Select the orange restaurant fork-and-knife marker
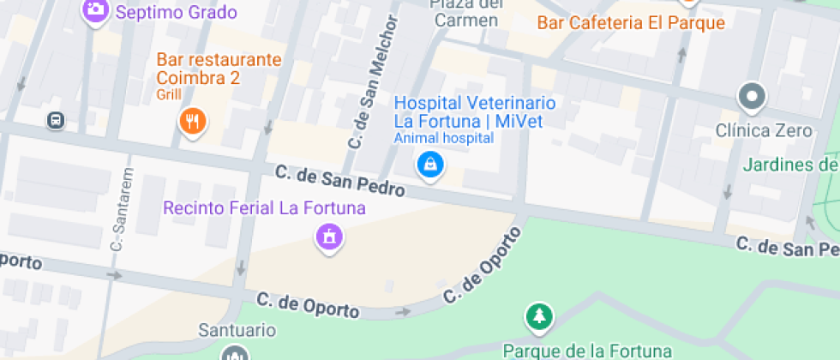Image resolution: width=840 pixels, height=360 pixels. [193, 122]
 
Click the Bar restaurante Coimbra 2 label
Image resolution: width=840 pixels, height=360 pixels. [219, 69]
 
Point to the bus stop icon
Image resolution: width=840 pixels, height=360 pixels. [56, 121]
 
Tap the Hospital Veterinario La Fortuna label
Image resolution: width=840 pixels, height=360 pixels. [474, 111]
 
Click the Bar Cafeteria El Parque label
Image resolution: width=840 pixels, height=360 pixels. [631, 23]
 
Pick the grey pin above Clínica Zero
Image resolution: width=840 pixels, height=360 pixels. [752, 97]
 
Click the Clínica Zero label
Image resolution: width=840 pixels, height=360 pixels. [764, 131]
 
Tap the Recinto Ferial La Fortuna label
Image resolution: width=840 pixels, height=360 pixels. [264, 208]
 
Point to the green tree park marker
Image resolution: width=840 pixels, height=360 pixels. [538, 317]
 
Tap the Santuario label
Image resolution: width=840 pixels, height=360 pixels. [237, 330]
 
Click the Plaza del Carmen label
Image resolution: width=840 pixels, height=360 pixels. [465, 15]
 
